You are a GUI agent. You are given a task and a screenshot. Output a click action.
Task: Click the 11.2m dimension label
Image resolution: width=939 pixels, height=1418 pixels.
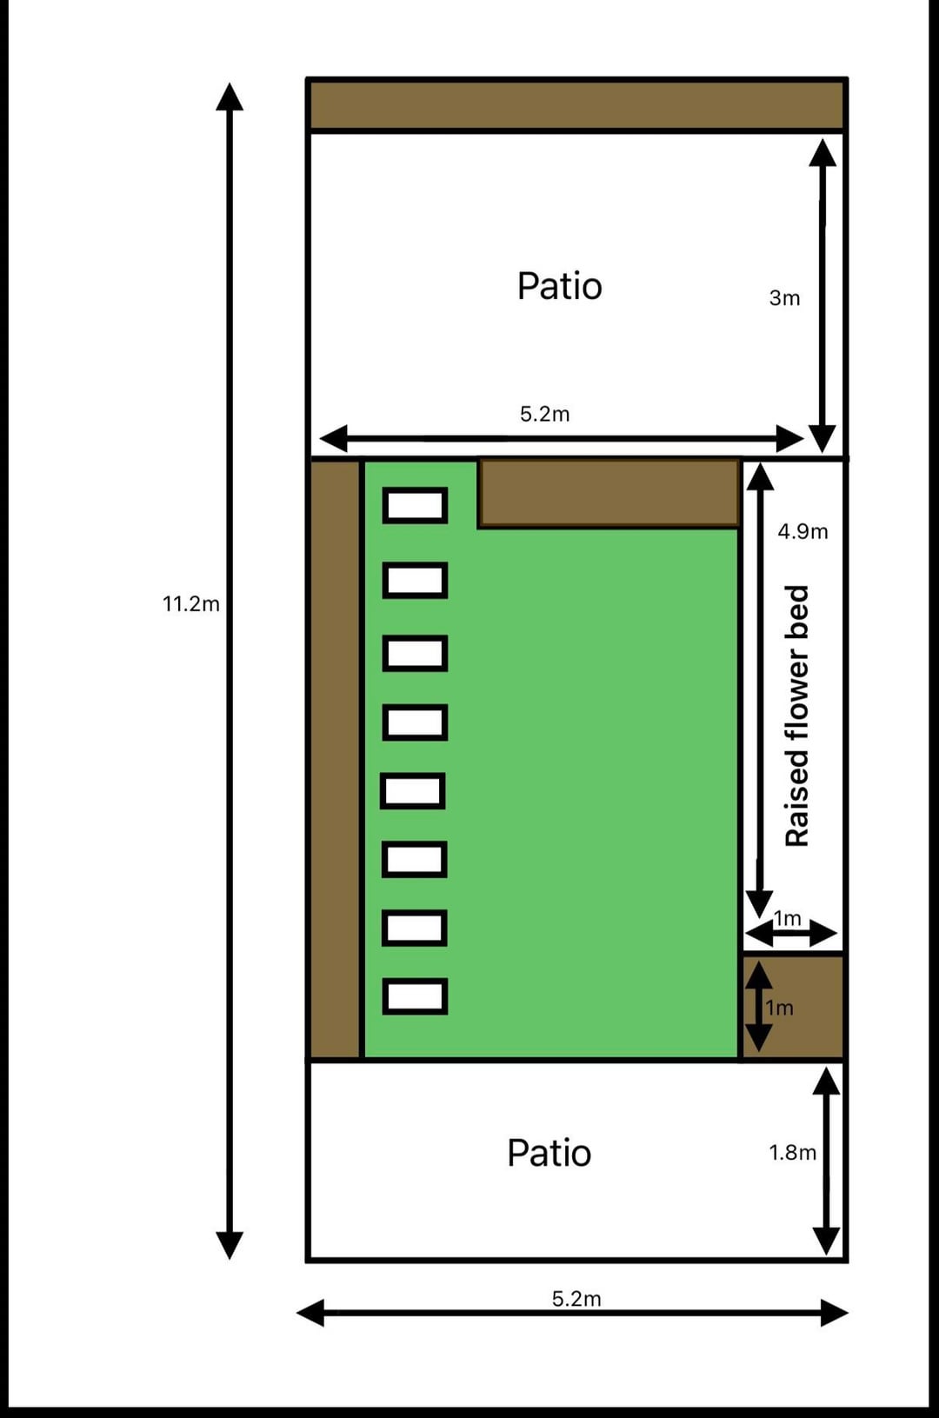click(191, 604)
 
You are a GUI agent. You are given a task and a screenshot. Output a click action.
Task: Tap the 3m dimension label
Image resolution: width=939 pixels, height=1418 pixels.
click(784, 297)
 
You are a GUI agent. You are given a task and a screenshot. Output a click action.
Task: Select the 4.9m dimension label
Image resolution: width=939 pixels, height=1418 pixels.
click(802, 531)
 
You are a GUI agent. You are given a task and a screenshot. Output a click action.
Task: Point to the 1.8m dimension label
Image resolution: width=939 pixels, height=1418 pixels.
click(793, 1153)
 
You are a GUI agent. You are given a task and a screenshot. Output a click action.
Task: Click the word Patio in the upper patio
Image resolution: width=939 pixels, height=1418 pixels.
click(560, 286)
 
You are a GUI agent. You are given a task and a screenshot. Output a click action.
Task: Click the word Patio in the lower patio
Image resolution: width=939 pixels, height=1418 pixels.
click(549, 1153)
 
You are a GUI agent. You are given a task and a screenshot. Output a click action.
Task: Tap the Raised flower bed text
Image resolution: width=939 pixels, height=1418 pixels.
click(796, 716)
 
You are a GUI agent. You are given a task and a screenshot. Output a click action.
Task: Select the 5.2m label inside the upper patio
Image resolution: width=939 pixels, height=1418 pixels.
click(544, 414)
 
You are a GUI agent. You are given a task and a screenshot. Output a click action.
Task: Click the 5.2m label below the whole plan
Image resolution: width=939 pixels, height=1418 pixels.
click(576, 1299)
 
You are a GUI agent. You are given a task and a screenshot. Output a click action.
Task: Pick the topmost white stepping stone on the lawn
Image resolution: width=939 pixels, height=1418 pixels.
click(415, 505)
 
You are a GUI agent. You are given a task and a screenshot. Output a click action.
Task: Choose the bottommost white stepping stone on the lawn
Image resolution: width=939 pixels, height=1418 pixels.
click(415, 996)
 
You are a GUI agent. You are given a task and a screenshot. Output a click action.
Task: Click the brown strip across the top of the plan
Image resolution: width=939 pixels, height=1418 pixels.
click(576, 104)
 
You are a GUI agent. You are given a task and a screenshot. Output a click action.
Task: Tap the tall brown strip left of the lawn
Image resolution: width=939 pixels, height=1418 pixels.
click(335, 760)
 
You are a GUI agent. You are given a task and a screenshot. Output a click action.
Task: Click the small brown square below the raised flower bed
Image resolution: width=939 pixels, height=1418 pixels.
click(794, 1007)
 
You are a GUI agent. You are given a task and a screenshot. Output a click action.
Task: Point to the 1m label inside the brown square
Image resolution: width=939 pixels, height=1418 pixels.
click(779, 1008)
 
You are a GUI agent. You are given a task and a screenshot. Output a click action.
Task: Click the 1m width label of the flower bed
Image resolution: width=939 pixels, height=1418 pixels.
click(788, 918)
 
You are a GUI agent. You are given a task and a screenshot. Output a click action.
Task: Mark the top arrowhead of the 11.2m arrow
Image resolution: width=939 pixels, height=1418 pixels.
click(230, 97)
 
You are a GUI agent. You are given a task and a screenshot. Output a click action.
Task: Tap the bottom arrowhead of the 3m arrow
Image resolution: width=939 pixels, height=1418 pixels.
click(822, 439)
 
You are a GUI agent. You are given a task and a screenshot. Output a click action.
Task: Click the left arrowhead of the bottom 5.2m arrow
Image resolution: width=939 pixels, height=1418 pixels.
click(310, 1313)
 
